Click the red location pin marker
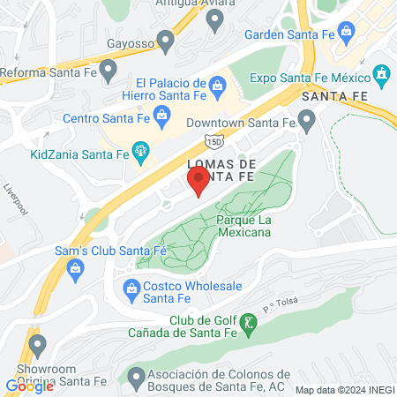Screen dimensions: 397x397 click(198, 183)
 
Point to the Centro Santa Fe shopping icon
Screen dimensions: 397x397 click(161, 113)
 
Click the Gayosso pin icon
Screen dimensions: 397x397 click(165, 41)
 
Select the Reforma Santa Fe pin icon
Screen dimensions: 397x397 click(109, 69)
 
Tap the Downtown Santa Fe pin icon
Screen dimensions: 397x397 click(306, 119)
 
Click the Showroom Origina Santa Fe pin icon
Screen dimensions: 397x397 click(36, 343)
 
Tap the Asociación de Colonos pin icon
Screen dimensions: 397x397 click(135, 378)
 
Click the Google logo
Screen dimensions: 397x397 click(29, 386)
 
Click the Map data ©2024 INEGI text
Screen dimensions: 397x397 click(344, 389)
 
